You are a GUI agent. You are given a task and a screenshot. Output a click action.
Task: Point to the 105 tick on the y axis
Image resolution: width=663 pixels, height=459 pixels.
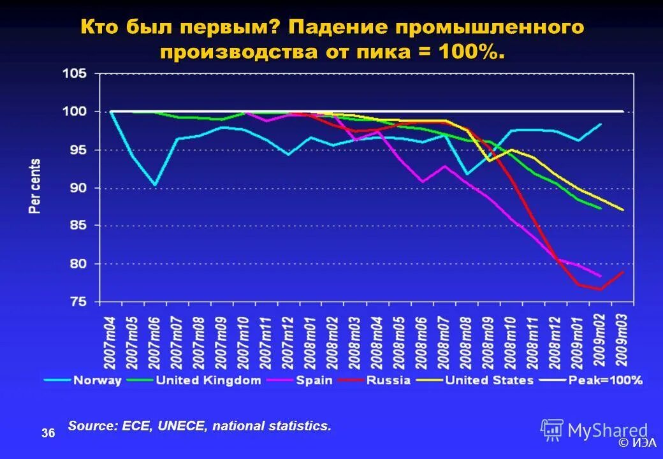tap(75, 74)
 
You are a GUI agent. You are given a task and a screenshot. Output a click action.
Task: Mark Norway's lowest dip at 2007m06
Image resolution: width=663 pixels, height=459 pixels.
tap(155, 185)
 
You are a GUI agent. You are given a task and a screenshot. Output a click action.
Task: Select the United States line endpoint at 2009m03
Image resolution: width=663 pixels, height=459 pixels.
tap(623, 210)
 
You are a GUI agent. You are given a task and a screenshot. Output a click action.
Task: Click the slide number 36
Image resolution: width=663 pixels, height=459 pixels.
tap(48, 434)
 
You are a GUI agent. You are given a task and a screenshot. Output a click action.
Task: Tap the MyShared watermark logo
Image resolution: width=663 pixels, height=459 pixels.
tap(594, 431)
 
